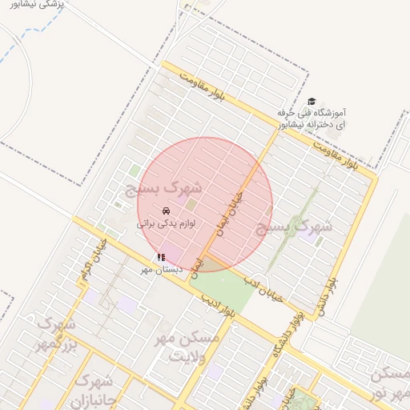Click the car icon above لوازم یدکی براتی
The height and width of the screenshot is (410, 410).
point(166,211)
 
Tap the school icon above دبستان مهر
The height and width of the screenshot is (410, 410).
point(162,257)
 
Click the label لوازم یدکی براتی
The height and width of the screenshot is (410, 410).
point(167,224)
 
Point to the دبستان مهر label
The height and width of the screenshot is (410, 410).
point(163,270)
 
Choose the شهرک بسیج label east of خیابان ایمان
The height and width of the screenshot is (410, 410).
point(293,228)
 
